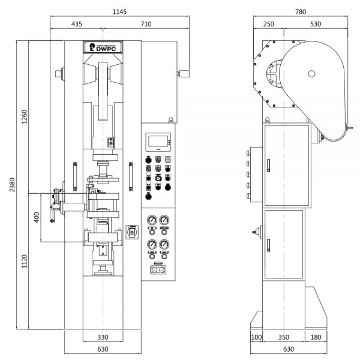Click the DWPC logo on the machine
[103, 47]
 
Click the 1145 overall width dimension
[118, 12]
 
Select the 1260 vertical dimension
[24, 117]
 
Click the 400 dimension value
[37, 217]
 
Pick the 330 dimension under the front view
[103, 337]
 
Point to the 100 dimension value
[256, 337]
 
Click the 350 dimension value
[284, 337]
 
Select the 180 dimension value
[315, 337]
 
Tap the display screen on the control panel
[158, 142]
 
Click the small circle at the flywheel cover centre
[311, 74]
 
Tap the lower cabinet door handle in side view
[269, 245]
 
